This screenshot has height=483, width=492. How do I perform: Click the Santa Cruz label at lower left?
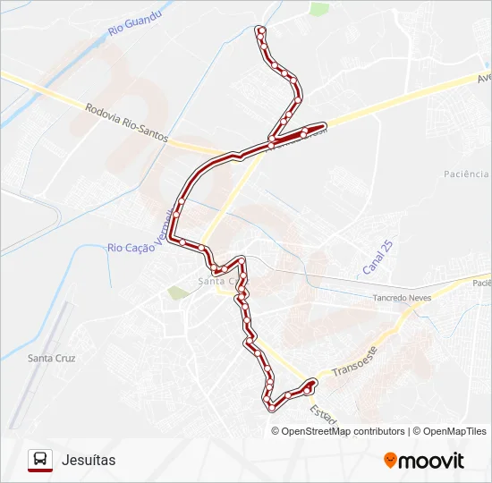click(52, 358)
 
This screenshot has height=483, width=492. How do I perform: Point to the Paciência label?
click(466, 174)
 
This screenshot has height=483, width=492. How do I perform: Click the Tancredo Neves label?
click(402, 298)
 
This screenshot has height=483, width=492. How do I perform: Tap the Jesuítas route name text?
click(89, 460)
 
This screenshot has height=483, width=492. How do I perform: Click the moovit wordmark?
click(431, 461)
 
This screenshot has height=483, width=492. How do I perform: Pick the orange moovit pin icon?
click(390, 461)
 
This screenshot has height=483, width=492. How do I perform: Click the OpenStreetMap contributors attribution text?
click(343, 431)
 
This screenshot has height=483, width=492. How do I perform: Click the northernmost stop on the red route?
click(260, 30)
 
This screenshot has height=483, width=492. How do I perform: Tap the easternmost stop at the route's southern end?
click(312, 383)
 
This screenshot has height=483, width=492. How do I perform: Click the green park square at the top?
click(318, 10)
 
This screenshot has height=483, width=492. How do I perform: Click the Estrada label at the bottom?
click(321, 415)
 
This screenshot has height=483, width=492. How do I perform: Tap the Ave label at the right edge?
click(484, 79)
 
